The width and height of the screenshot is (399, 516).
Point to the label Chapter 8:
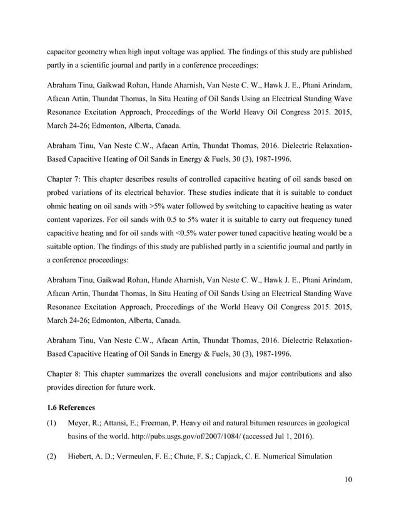coord(66,374)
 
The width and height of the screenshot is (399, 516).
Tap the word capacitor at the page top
coord(66,51)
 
